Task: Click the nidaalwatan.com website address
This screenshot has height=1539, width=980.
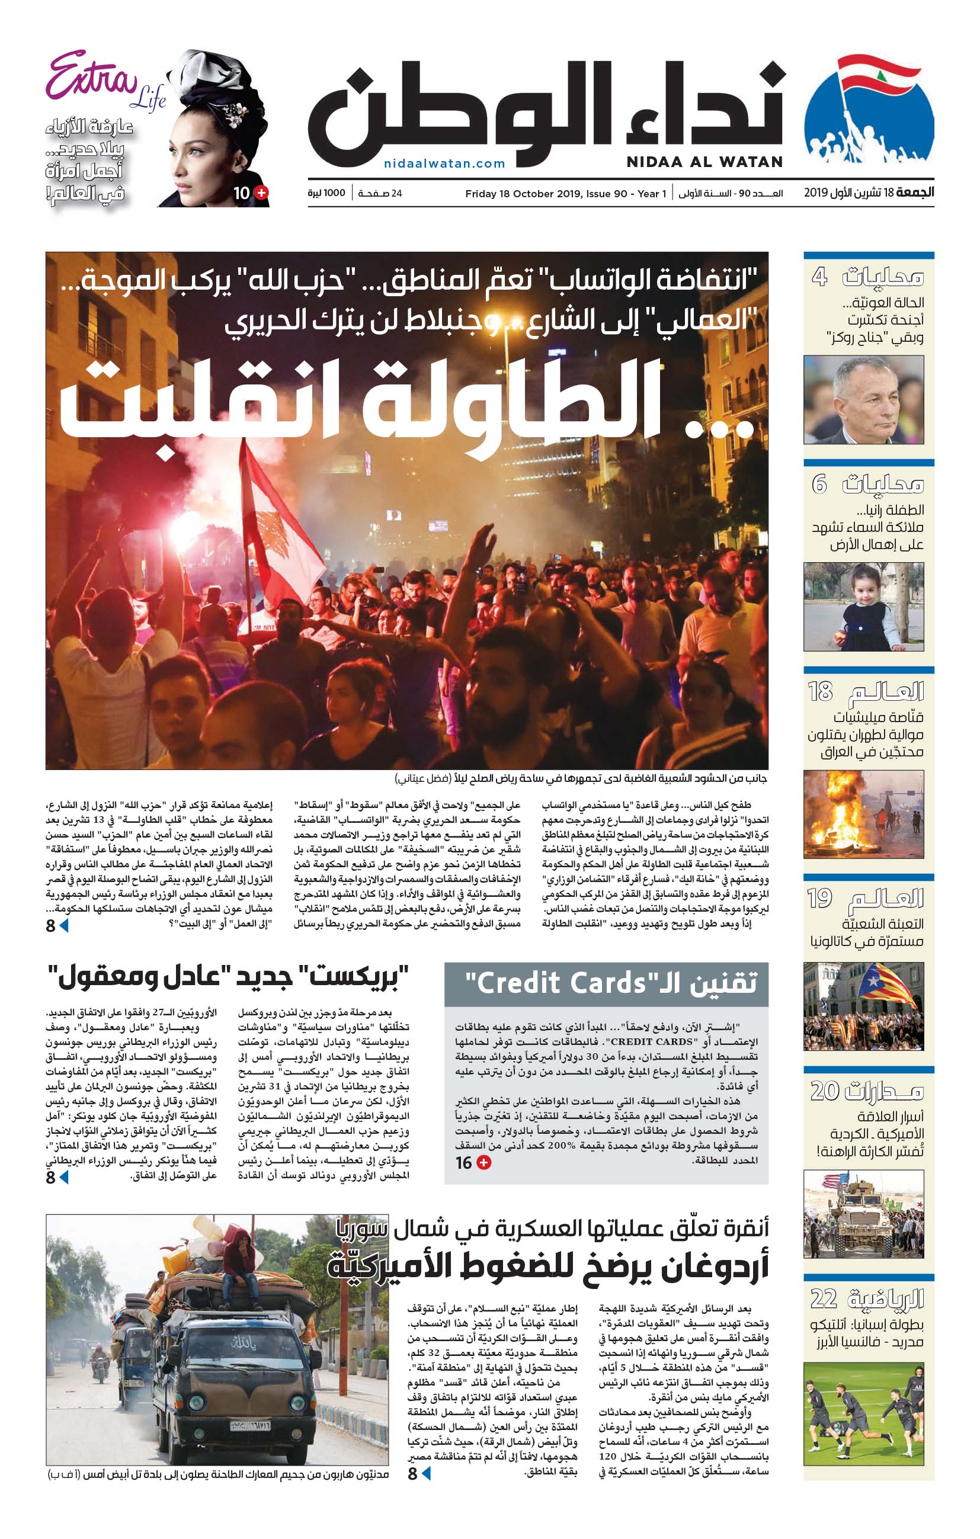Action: click(444, 163)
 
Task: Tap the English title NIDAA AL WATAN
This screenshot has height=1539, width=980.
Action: click(704, 162)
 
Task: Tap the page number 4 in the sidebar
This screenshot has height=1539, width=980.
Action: click(819, 277)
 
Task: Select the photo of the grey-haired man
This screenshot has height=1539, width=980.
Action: click(863, 400)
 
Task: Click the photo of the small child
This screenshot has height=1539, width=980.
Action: click(863, 607)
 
